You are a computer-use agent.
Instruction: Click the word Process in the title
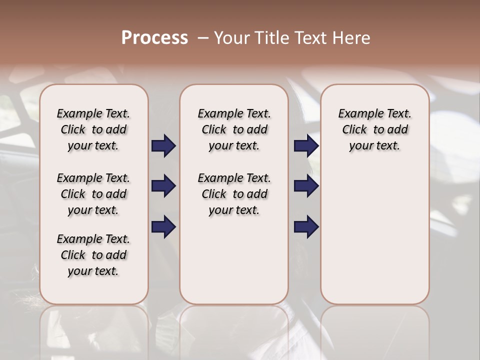[x=154, y=38]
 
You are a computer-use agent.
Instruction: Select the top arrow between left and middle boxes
[x=163, y=146]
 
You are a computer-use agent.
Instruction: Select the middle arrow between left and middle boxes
[x=163, y=186]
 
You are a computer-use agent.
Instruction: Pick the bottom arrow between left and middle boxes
[x=163, y=226]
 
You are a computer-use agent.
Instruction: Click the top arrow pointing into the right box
[x=306, y=146]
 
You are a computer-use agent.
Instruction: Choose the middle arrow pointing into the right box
[x=306, y=186]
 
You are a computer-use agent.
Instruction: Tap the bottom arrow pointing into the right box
[x=306, y=226]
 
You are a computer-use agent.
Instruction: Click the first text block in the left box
[x=93, y=129]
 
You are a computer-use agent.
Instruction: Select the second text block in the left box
[x=93, y=194]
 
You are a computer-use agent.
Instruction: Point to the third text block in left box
[x=93, y=255]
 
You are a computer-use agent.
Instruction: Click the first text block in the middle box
[x=234, y=129]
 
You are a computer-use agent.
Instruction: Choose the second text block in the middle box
[x=234, y=194]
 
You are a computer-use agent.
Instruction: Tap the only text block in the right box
[x=374, y=129]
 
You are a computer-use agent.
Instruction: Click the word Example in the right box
[x=357, y=114]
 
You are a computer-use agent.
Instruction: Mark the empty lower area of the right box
[x=374, y=230]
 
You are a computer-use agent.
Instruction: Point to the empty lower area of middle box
[x=234, y=260]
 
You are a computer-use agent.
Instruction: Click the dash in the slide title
[x=203, y=38]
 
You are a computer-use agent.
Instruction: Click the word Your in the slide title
[x=232, y=38]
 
